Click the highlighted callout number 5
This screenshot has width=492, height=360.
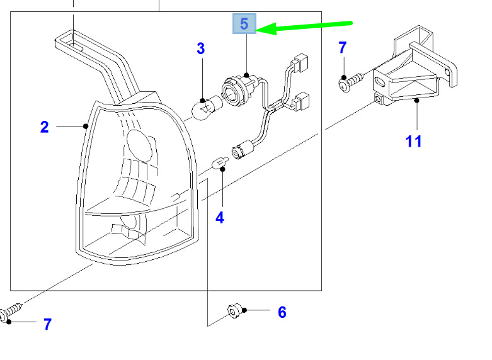[244, 24]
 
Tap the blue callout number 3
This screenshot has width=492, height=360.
[201, 48]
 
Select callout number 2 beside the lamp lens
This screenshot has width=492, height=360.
[45, 127]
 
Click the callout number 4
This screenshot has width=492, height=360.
[220, 218]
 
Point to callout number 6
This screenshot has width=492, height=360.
[282, 312]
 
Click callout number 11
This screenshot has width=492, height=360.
[413, 142]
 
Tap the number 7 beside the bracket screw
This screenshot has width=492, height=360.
[343, 48]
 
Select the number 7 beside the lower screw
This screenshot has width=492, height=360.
[47, 324]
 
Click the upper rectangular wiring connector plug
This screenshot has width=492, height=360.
[300, 62]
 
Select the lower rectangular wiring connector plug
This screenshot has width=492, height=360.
[301, 101]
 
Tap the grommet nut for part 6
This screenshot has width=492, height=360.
[235, 311]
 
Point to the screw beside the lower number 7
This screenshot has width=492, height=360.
[11, 312]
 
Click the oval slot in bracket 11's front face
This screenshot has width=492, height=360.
[380, 82]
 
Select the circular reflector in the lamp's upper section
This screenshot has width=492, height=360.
[140, 145]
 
